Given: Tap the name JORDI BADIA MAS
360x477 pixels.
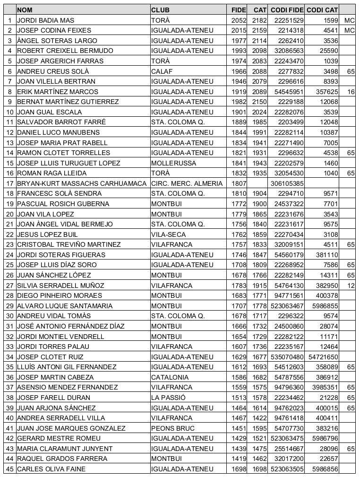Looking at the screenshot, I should coord(45,20).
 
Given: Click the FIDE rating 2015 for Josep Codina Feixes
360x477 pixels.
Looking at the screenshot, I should coord(239,30).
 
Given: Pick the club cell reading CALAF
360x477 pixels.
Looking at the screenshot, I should coord(161,71).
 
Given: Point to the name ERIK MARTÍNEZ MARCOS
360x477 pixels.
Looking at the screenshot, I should coord(57,92).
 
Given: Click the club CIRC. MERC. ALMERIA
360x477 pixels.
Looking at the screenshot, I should coord(187,183).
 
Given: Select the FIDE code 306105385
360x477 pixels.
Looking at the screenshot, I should coord(287,183).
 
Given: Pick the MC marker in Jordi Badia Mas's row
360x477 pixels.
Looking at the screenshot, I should coord(349,20).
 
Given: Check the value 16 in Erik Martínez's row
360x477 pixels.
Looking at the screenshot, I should coord(350,92).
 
